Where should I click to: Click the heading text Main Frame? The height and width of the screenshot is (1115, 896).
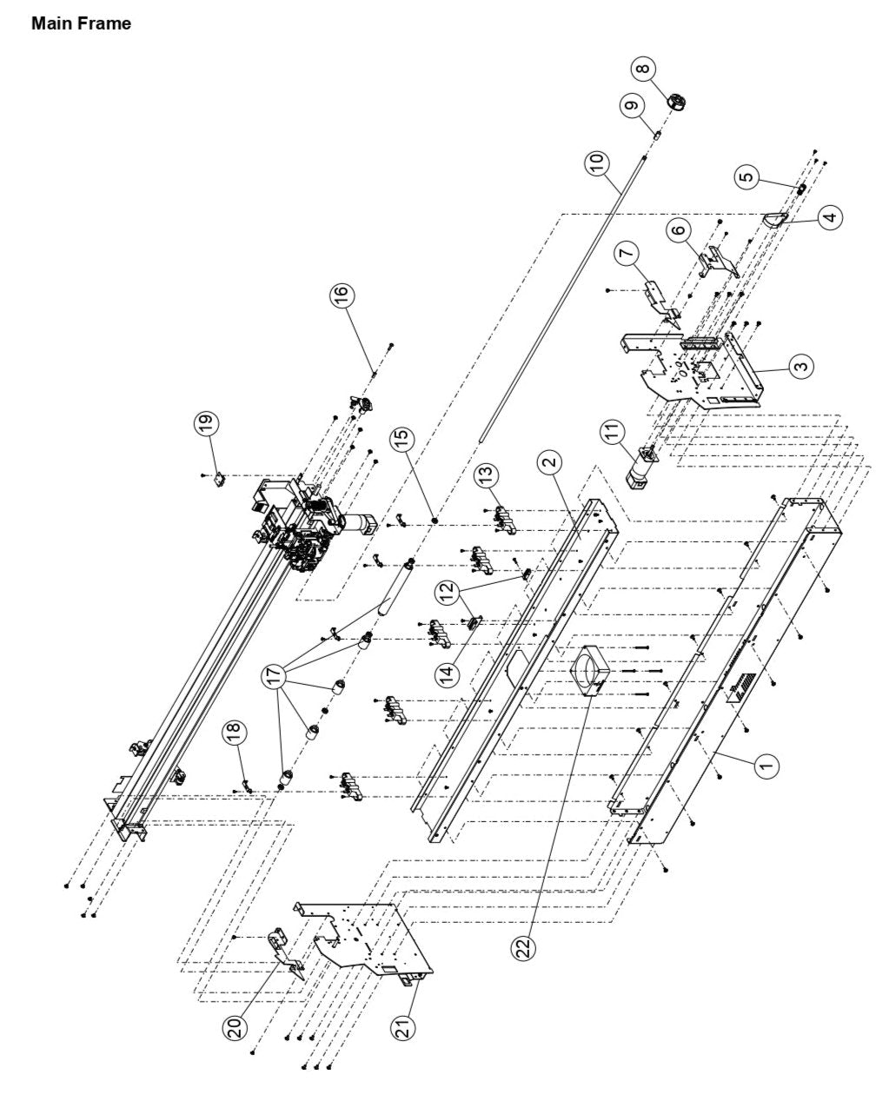click(81, 23)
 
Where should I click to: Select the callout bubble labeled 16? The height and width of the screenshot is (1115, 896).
click(342, 295)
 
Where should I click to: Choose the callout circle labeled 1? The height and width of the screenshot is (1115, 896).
click(766, 765)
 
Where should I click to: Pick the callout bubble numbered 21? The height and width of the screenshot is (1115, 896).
click(405, 1026)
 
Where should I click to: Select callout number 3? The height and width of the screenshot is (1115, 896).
click(801, 366)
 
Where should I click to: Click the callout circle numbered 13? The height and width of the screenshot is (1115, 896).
click(488, 475)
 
